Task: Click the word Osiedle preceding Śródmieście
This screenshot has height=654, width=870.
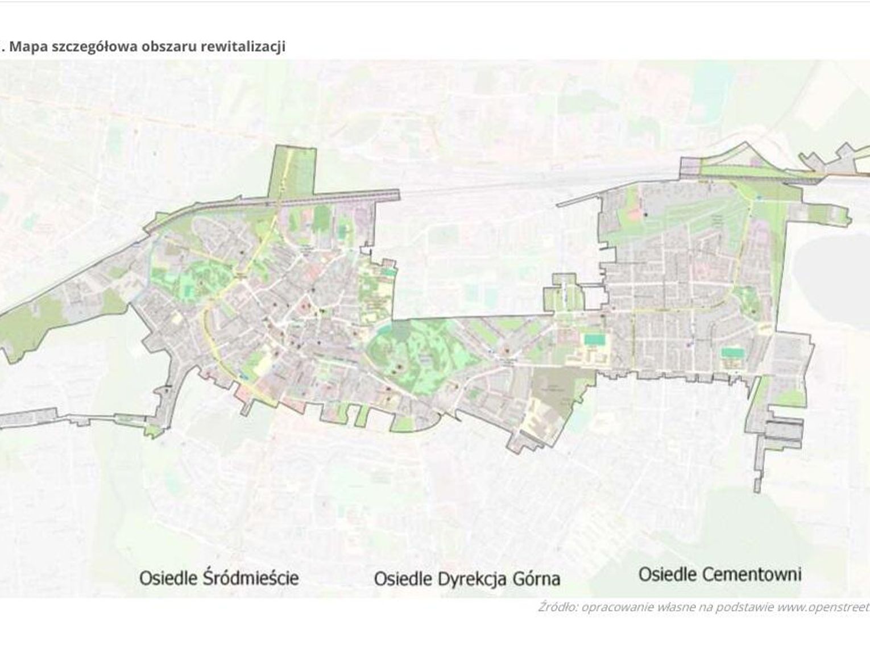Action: click(168, 578)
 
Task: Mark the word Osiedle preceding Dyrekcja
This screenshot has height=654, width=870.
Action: click(402, 579)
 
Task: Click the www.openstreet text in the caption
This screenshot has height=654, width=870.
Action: click(823, 607)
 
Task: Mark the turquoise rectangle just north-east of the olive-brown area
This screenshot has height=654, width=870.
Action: click(594, 340)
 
